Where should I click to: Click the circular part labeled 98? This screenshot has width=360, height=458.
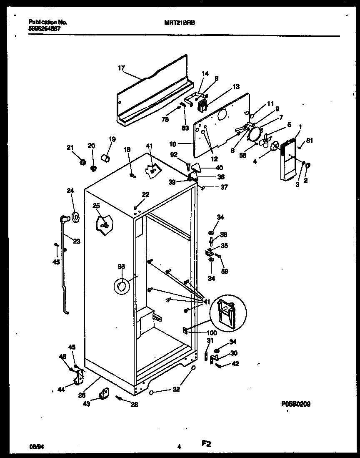(x=121, y=286)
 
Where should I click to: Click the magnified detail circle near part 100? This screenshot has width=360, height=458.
(x=228, y=312)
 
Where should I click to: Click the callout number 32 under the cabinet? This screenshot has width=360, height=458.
(x=176, y=390)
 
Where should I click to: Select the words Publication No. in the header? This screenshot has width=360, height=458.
(x=48, y=22)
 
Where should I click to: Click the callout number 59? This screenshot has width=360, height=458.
(x=224, y=271)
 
